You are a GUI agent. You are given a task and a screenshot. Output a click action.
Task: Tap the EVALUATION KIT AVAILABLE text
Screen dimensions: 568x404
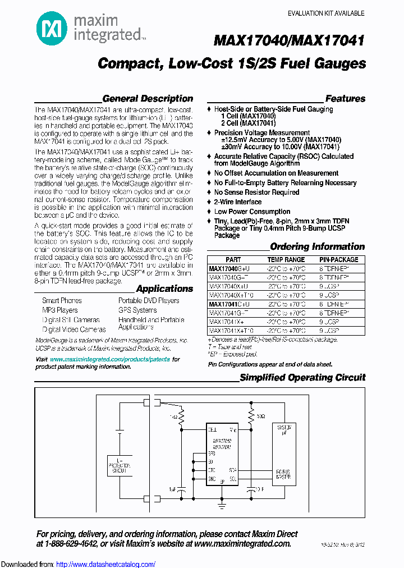pyautogui.click(x=325, y=13)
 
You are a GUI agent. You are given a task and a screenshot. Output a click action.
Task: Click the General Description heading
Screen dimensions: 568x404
pyautogui.click(x=148, y=99)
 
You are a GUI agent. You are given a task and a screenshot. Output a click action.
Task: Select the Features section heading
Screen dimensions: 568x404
pyautogui.click(x=345, y=99)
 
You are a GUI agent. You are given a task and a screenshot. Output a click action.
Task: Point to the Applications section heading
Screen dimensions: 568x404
pyautogui.click(x=164, y=289)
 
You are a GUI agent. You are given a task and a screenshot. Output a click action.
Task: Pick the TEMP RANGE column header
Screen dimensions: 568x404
pyautogui.click(x=286, y=260)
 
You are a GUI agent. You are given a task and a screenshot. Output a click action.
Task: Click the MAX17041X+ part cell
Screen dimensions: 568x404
pyautogui.click(x=226, y=322)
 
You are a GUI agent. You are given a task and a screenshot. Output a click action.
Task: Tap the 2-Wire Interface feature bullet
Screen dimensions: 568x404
pyautogui.click(x=237, y=202)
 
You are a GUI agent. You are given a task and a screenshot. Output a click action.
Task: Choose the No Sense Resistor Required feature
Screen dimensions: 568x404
pyautogui.click(x=256, y=193)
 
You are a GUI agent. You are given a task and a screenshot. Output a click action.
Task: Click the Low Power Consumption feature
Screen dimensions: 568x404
pyautogui.click(x=252, y=212)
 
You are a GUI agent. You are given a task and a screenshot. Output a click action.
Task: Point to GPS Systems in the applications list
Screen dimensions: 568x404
pyautogui.click(x=137, y=310)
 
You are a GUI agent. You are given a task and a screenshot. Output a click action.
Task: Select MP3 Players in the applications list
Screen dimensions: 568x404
pyautogui.click(x=60, y=310)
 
